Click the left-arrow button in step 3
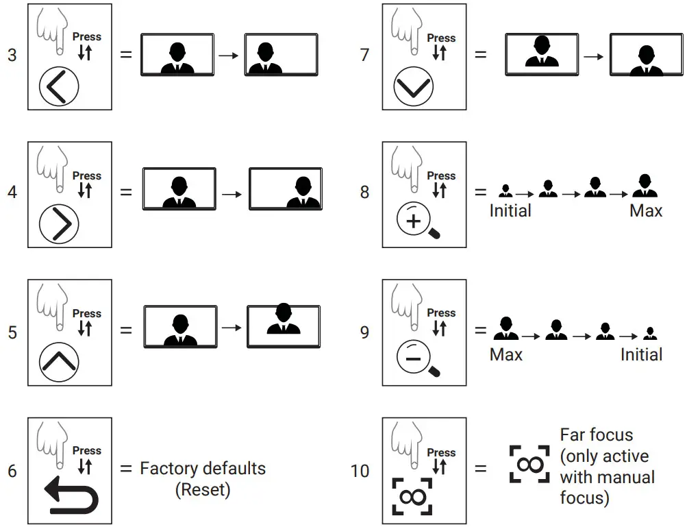(x=59, y=86)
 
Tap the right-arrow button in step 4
(x=59, y=225)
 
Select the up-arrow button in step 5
(x=59, y=362)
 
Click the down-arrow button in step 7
(x=414, y=86)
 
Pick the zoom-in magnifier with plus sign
(x=418, y=220)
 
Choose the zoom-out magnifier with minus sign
(x=418, y=358)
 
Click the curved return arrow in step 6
(x=71, y=495)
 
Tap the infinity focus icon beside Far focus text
(x=529, y=465)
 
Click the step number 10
(x=360, y=471)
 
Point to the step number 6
(x=12, y=471)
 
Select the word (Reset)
(x=203, y=490)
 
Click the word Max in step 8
(x=646, y=211)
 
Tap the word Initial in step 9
(x=641, y=354)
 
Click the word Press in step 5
(x=87, y=313)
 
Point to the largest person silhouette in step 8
(x=645, y=186)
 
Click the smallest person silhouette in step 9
(x=650, y=334)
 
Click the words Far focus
(x=597, y=435)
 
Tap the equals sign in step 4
(x=126, y=192)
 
